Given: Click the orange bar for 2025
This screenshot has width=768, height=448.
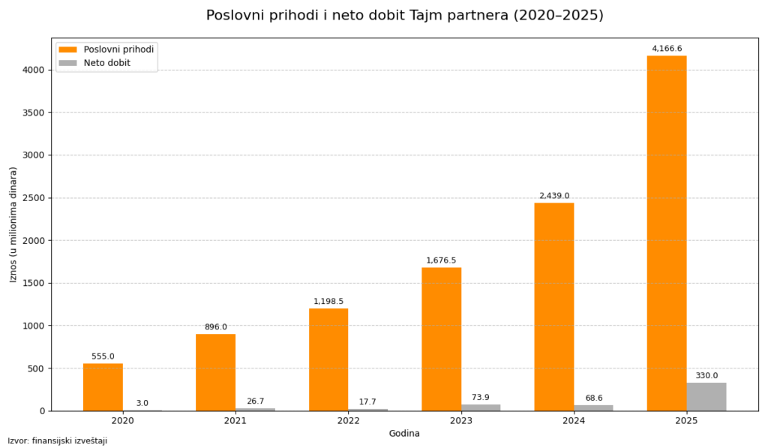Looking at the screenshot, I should tap(666, 233).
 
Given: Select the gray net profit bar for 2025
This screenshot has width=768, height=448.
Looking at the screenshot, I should tap(706, 397).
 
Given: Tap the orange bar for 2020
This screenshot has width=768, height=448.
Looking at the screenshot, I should tap(103, 387).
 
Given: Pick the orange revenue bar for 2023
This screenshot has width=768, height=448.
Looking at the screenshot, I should tap(441, 339).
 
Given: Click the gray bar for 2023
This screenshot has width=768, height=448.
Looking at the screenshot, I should tap(481, 407).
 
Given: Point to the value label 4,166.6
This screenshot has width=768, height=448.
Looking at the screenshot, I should tap(667, 49).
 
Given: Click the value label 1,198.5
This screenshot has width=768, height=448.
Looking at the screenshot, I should tap(328, 302).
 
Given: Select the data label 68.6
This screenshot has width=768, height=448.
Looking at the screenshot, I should tap(593, 398).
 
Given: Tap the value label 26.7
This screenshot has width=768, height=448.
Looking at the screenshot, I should tap(255, 401).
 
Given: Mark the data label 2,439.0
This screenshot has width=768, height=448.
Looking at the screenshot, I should tap(554, 196).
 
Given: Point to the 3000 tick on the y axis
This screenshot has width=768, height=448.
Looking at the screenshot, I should tap(33, 155).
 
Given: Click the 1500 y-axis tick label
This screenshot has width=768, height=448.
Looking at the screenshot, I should tap(33, 284).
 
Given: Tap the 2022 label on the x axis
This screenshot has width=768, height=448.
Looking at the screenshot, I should tap(348, 421).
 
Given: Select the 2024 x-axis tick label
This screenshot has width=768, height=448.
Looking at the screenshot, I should tap(574, 421).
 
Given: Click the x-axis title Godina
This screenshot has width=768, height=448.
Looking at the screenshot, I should tap(404, 434).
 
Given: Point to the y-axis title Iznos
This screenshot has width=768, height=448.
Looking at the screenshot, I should tap(13, 224).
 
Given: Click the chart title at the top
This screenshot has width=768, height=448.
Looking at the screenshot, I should tap(404, 16).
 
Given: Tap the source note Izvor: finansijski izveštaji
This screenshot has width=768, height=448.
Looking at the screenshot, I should tap(58, 441).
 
